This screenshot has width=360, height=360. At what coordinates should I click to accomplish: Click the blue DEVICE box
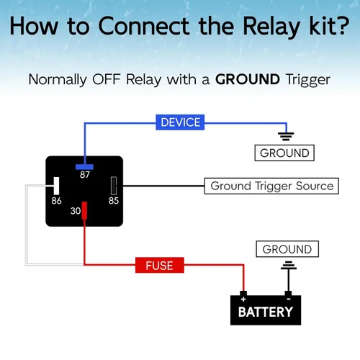click(180, 122)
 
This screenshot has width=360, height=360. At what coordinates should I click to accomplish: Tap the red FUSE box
click(160, 265)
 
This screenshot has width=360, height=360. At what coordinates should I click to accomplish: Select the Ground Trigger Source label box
click(271, 186)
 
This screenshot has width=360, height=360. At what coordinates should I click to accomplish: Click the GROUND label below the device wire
click(284, 153)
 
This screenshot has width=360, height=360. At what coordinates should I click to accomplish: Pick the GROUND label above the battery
click(287, 249)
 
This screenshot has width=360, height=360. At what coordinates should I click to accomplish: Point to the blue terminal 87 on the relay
click(84, 167)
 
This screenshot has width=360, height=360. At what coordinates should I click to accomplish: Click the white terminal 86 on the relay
click(56, 186)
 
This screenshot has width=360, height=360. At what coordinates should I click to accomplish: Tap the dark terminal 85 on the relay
click(114, 186)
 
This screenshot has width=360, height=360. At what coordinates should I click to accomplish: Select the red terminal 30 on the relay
click(84, 210)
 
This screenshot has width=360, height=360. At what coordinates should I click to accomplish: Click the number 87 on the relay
click(85, 175)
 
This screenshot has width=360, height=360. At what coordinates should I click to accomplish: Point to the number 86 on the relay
click(56, 201)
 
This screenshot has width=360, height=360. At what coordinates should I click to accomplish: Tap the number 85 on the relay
click(114, 201)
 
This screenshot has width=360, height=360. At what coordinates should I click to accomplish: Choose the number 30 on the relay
click(76, 211)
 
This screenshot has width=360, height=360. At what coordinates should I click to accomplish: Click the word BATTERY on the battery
click(266, 312)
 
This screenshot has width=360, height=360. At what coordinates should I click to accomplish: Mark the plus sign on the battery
click(243, 300)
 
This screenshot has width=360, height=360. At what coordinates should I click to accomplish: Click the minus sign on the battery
click(289, 299)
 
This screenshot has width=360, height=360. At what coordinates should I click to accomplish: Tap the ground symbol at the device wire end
click(286, 136)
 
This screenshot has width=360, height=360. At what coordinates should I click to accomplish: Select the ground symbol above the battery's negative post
click(289, 266)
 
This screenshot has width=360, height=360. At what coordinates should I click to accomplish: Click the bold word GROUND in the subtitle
click(248, 79)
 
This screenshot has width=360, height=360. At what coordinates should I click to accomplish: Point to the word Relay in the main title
click(271, 27)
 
